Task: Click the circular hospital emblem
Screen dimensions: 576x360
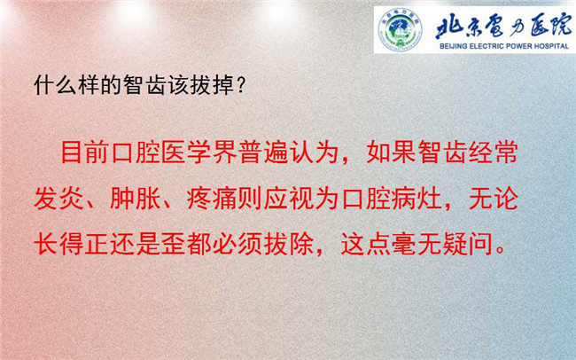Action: click(400, 29)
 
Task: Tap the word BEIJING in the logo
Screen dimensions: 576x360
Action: click(454, 46)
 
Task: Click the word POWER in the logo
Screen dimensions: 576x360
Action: click(516, 46)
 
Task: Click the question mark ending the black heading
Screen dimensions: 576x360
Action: click(241, 85)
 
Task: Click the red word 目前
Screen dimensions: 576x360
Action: click(85, 152)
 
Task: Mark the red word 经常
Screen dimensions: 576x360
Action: click(494, 152)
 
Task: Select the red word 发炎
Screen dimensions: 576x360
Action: click(58, 199)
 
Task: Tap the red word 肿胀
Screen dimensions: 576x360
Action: click(136, 199)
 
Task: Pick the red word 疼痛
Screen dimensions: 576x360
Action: click(212, 199)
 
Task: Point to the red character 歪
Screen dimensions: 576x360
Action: click(174, 245)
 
